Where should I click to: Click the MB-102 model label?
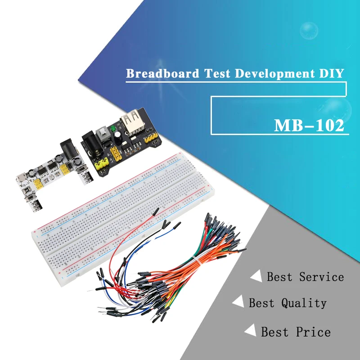click(x=309, y=125)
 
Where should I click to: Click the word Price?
click(x=314, y=332)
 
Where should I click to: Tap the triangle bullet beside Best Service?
click(x=257, y=276)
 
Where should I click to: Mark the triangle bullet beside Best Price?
click(x=250, y=332)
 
